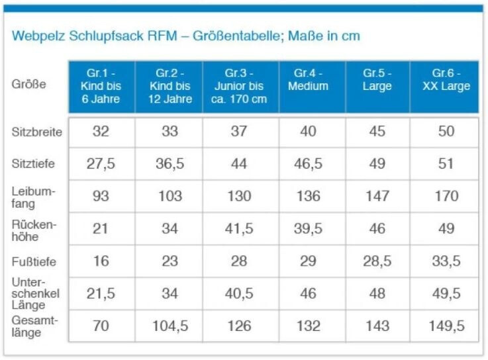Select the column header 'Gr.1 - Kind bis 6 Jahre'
[101, 86]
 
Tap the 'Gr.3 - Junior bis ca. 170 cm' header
[239, 86]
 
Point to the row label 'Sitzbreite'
[37, 132]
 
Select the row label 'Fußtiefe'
[34, 261]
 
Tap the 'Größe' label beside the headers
[28, 85]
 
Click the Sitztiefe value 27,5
[101, 164]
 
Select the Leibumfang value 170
[446, 196]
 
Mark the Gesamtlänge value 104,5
[170, 326]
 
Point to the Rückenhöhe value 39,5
[308, 228]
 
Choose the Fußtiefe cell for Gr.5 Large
[377, 261]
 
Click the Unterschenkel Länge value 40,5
[239, 293]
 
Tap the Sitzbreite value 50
[446, 132]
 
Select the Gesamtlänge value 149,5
[446, 326]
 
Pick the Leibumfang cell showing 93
[101, 196]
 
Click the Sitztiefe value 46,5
[308, 164]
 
